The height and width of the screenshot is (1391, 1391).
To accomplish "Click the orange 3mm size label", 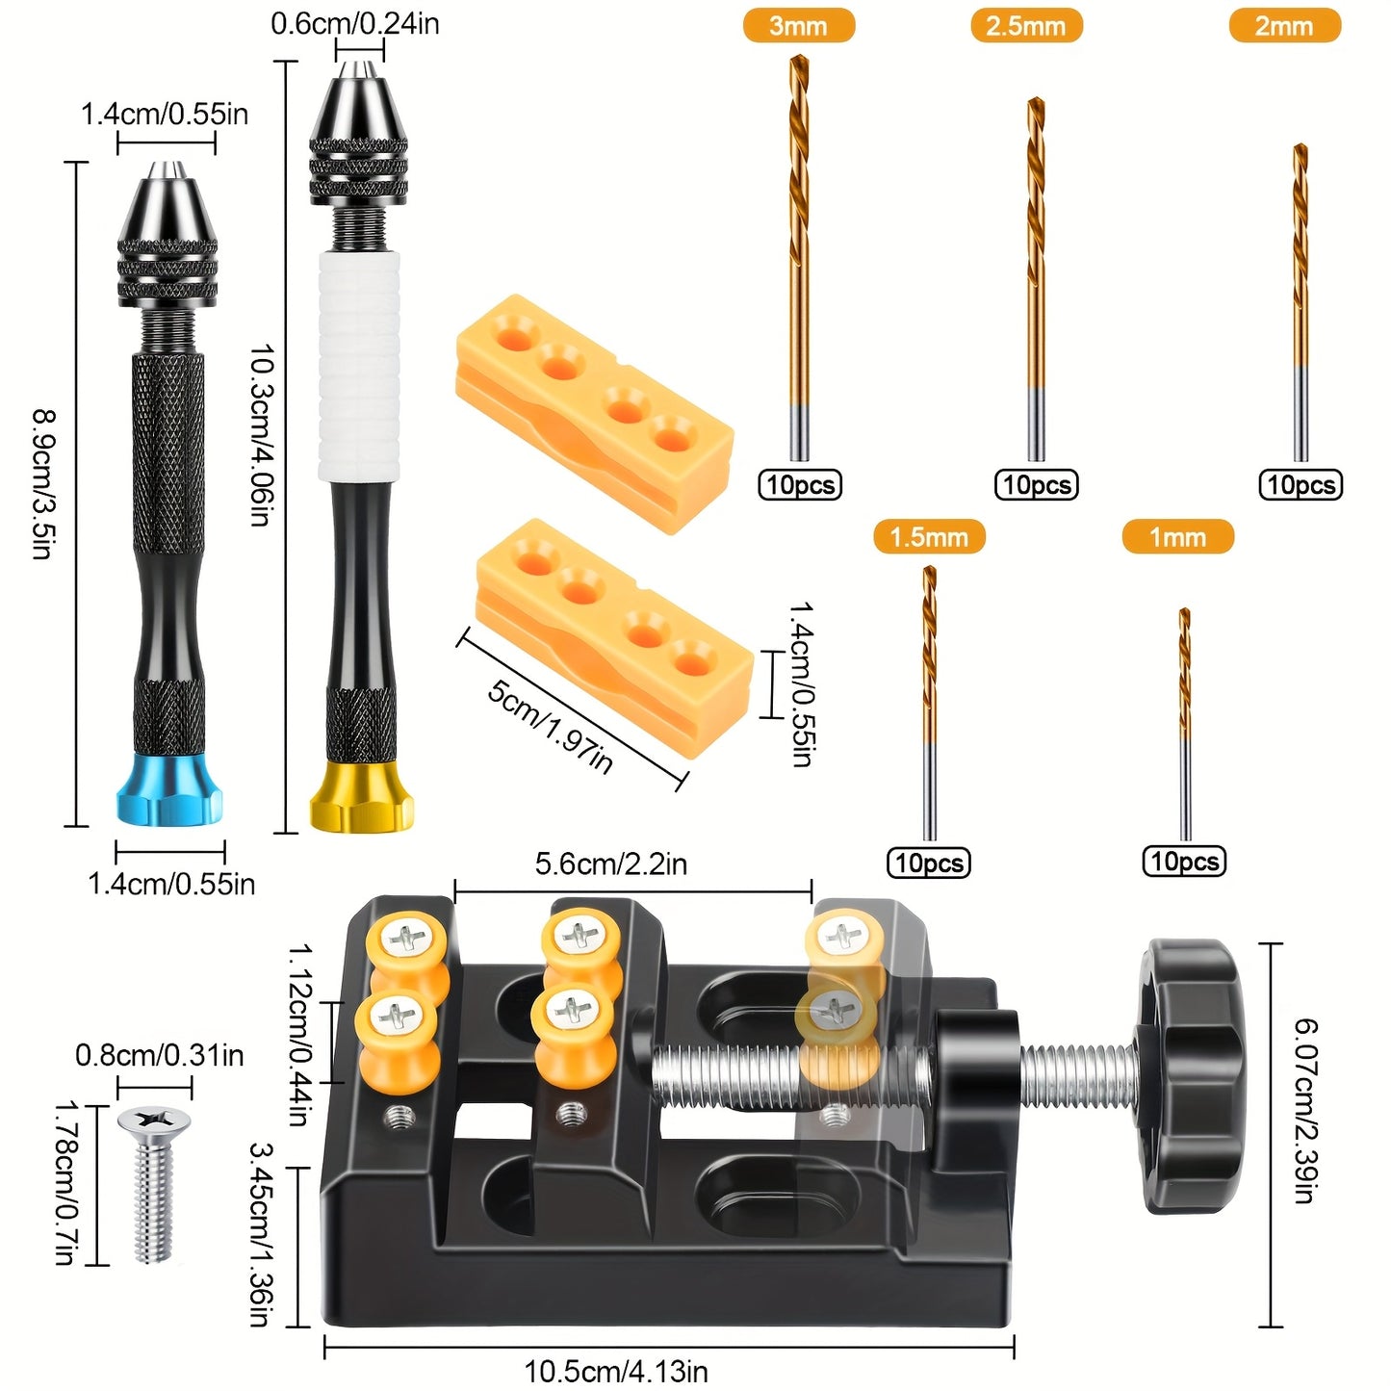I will (798, 26).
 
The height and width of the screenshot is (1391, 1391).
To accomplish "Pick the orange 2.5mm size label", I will (1026, 26).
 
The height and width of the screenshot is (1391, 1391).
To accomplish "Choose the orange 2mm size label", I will (1284, 26).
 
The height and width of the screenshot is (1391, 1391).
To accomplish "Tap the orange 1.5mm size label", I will (929, 537).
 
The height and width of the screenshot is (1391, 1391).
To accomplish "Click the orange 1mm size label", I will (1177, 537).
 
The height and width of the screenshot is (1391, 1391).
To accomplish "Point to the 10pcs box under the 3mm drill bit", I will (800, 484).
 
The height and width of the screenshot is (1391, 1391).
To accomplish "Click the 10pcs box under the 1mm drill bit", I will (1184, 861).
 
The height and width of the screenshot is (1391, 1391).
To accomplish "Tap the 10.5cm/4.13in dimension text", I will (616, 1371).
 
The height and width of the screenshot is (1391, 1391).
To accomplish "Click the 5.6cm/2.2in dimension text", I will (611, 863).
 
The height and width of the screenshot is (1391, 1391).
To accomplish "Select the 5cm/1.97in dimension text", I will (550, 726).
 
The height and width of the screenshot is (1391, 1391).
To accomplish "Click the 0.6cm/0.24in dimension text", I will (355, 23).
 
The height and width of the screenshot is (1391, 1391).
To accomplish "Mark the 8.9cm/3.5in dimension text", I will (44, 484).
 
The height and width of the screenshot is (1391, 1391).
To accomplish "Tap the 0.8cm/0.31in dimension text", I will (160, 1055).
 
